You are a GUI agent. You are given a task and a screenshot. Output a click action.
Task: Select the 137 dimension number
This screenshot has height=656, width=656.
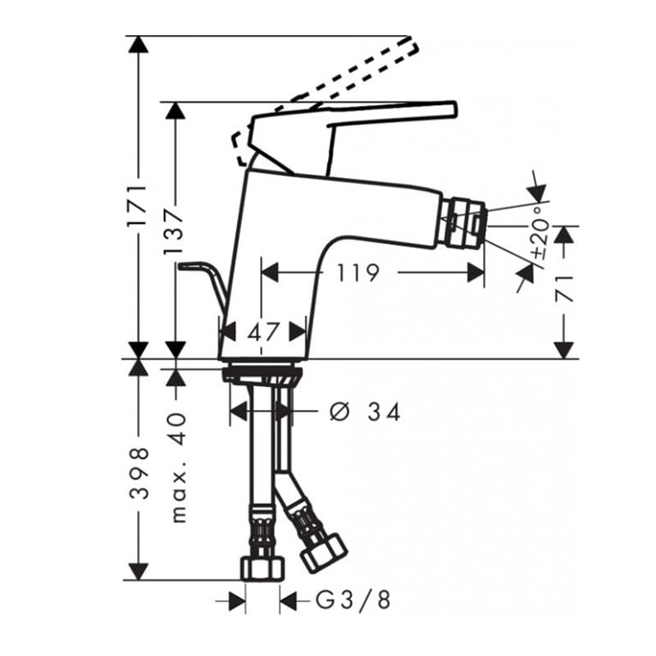(175, 231)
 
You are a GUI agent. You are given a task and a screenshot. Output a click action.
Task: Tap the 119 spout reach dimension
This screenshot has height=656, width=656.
(358, 273)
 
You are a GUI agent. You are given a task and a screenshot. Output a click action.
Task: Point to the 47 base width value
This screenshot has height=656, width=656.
(262, 332)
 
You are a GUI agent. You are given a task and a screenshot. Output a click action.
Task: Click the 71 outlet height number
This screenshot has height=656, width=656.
(564, 289)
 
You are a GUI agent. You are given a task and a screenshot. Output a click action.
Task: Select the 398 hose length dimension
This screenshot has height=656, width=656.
(139, 473)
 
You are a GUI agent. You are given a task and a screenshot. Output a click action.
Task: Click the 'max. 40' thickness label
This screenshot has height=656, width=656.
(179, 467)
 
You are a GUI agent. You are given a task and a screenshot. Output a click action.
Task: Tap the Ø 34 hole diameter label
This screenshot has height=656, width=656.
(365, 412)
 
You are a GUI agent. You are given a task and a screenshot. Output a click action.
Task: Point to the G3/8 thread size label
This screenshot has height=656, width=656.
(353, 600)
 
